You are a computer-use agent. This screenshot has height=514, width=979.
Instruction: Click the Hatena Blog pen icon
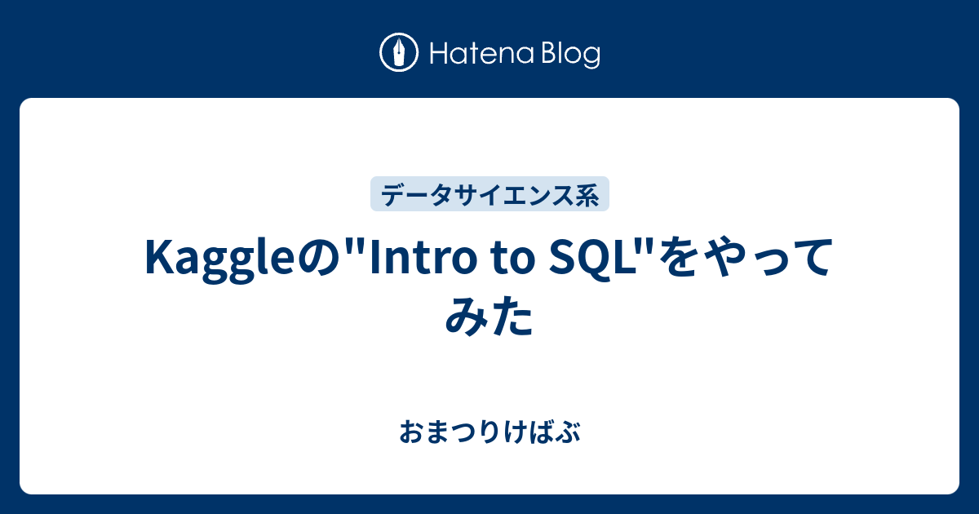(x=400, y=53)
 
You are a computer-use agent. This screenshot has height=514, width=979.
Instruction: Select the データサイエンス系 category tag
(x=489, y=194)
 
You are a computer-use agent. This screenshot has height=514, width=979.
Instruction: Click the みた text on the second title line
(x=489, y=318)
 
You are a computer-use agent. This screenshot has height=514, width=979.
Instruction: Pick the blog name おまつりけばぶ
(x=489, y=432)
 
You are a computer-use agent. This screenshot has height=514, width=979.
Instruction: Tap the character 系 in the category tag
(x=589, y=194)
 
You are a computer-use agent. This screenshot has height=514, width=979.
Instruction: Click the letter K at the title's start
(x=157, y=260)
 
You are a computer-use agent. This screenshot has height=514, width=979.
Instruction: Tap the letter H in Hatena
(x=437, y=54)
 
